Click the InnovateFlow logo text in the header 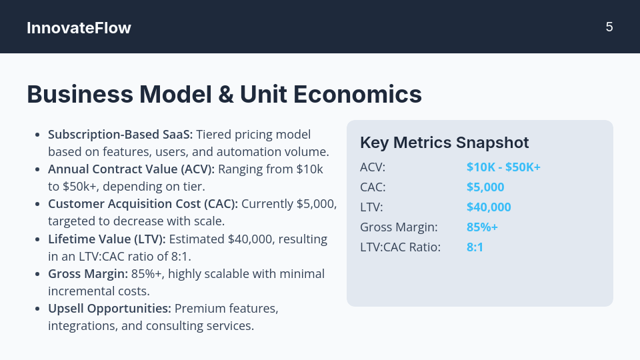[x=79, y=28]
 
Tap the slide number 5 [x=609, y=27]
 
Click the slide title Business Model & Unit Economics [x=224, y=94]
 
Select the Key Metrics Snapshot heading [x=444, y=142]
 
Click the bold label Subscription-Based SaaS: [x=120, y=135]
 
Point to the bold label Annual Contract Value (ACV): [x=131, y=169]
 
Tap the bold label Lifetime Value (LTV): [x=108, y=239]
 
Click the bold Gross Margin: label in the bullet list [x=86, y=273]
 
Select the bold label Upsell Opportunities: [x=109, y=309]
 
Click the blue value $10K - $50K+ [x=503, y=167]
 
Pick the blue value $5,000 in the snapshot [x=485, y=187]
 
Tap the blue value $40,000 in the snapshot [x=489, y=207]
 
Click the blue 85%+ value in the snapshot [x=482, y=227]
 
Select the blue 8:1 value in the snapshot [x=475, y=247]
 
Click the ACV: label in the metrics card [x=373, y=167]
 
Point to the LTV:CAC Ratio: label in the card [x=400, y=247]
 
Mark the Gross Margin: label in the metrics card [x=399, y=227]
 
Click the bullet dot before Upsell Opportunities [x=37, y=309]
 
